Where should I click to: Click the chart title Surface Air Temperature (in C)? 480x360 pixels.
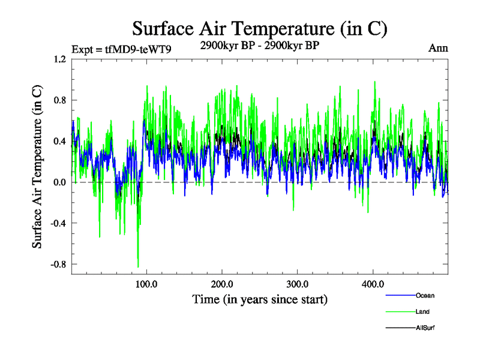pos(260,29)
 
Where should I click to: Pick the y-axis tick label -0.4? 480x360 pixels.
pos(58,223)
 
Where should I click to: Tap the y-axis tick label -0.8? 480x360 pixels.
pos(58,264)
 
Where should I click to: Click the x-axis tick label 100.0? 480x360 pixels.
pos(147,284)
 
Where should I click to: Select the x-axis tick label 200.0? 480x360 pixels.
pos(223,284)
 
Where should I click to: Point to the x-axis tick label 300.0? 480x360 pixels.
pos(298,284)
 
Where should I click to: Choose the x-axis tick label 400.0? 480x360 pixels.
pos(373,284)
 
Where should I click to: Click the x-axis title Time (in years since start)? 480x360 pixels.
pos(260,299)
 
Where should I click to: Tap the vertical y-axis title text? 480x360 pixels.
pos(37,167)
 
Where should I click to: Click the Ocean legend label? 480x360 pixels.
pos(425,295)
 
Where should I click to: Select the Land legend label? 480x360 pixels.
pos(422,311)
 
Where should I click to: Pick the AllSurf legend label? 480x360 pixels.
pos(425,328)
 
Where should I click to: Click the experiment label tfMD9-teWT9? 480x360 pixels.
pos(121,49)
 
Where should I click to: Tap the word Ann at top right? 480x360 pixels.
pos(438,49)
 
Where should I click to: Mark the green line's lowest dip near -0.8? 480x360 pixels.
pos(138,266)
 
